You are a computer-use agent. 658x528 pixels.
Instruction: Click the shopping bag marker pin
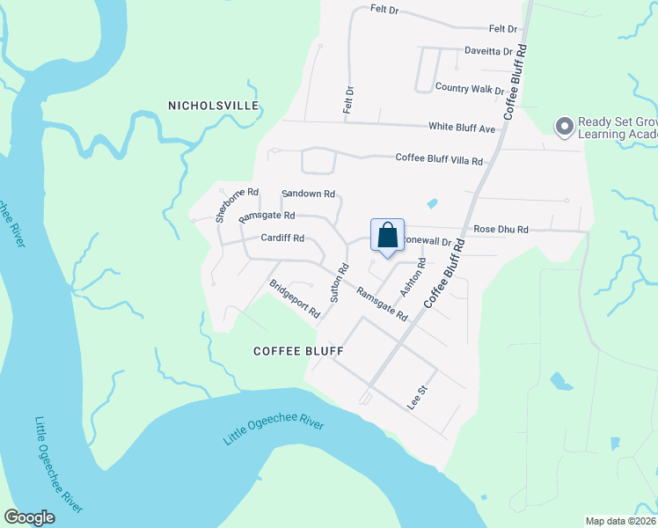(x=387, y=236)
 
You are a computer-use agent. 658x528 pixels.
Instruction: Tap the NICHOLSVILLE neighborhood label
(x=214, y=106)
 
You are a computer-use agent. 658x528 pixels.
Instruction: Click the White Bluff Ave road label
(x=462, y=128)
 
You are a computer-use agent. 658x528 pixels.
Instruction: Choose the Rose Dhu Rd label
(x=501, y=229)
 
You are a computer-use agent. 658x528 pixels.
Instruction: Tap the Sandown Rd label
(x=308, y=194)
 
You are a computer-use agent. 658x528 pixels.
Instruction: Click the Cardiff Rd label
(x=282, y=238)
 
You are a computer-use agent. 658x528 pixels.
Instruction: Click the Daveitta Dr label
(x=488, y=51)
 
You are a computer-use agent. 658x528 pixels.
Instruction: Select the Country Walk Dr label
(x=469, y=88)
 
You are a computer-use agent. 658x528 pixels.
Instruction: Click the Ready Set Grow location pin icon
(x=564, y=127)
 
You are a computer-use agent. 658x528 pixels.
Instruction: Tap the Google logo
(x=29, y=517)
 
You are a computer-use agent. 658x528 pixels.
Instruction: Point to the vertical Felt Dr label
(x=348, y=99)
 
